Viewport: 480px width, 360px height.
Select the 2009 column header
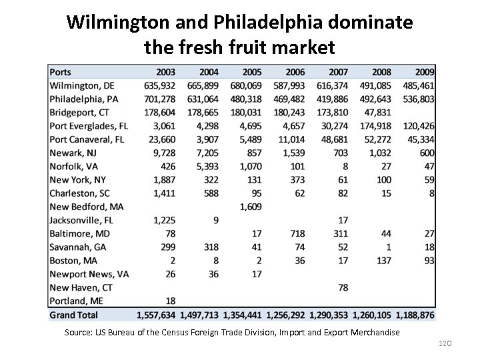pyautogui.click(x=424, y=72)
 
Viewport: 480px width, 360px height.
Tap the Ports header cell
pyautogui.click(x=61, y=72)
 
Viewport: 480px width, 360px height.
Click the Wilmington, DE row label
pyautogui.click(x=83, y=85)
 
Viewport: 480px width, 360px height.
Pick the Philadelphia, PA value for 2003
pyautogui.click(x=159, y=99)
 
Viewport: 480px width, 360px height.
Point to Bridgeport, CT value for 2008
pyautogui.click(x=378, y=112)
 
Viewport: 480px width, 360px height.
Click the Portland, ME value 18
pyautogui.click(x=170, y=301)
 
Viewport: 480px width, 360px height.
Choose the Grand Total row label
pyautogui.click(x=73, y=315)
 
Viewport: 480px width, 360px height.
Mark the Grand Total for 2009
pyautogui.click(x=415, y=315)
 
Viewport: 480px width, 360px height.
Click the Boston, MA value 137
pyautogui.click(x=384, y=261)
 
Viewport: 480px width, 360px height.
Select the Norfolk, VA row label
pyautogui.click(x=75, y=166)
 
